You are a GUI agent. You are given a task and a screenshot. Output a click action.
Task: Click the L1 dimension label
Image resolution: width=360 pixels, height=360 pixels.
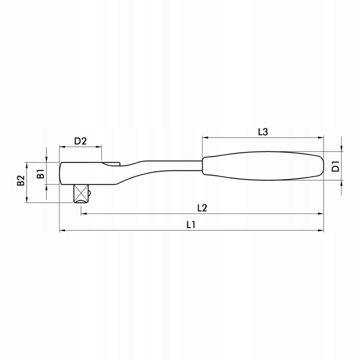pos(191,225)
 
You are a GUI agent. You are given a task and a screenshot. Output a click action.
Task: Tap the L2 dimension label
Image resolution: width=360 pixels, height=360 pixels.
pos(202,208)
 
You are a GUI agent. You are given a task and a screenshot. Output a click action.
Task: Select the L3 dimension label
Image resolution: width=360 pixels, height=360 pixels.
pos(263,132)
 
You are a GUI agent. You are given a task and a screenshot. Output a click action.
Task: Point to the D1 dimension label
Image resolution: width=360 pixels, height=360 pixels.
pos(336,166)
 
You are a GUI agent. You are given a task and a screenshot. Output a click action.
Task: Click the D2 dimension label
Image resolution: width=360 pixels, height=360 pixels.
pos(81,141)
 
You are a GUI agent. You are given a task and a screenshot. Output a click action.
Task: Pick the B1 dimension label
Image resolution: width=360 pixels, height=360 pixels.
pos(40,173)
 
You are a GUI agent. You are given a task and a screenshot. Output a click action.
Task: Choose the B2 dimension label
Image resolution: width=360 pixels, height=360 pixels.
pos(21,180)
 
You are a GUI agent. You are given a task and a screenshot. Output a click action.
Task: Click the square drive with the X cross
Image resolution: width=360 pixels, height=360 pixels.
pos(81,194)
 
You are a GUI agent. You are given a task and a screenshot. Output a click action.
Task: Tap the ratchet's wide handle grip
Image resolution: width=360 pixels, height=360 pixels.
pos(263,166)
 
